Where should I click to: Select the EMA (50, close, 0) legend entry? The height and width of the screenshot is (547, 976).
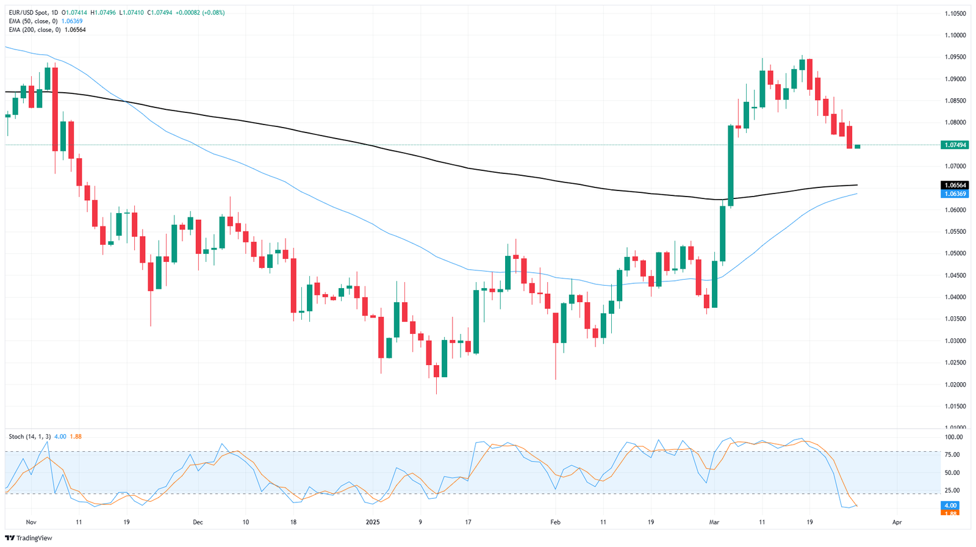coord(33,21)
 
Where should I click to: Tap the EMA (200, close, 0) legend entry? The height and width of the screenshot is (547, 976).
coord(35,29)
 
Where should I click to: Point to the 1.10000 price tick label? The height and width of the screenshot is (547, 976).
coord(955,35)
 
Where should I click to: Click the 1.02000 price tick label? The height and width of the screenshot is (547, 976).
coord(955,385)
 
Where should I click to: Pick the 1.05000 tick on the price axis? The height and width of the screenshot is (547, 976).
coord(955,253)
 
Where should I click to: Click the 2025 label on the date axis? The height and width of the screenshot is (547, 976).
coord(373,522)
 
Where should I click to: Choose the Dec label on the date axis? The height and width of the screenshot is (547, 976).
coord(198,522)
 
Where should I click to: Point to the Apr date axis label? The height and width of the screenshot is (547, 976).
coord(897,522)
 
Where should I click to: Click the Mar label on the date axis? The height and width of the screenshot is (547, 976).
coord(713,522)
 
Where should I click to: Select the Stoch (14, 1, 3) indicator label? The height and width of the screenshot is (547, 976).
coord(29,437)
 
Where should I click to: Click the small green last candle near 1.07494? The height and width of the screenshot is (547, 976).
coord(857,147)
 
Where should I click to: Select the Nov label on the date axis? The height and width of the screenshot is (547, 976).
coord(32,522)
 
